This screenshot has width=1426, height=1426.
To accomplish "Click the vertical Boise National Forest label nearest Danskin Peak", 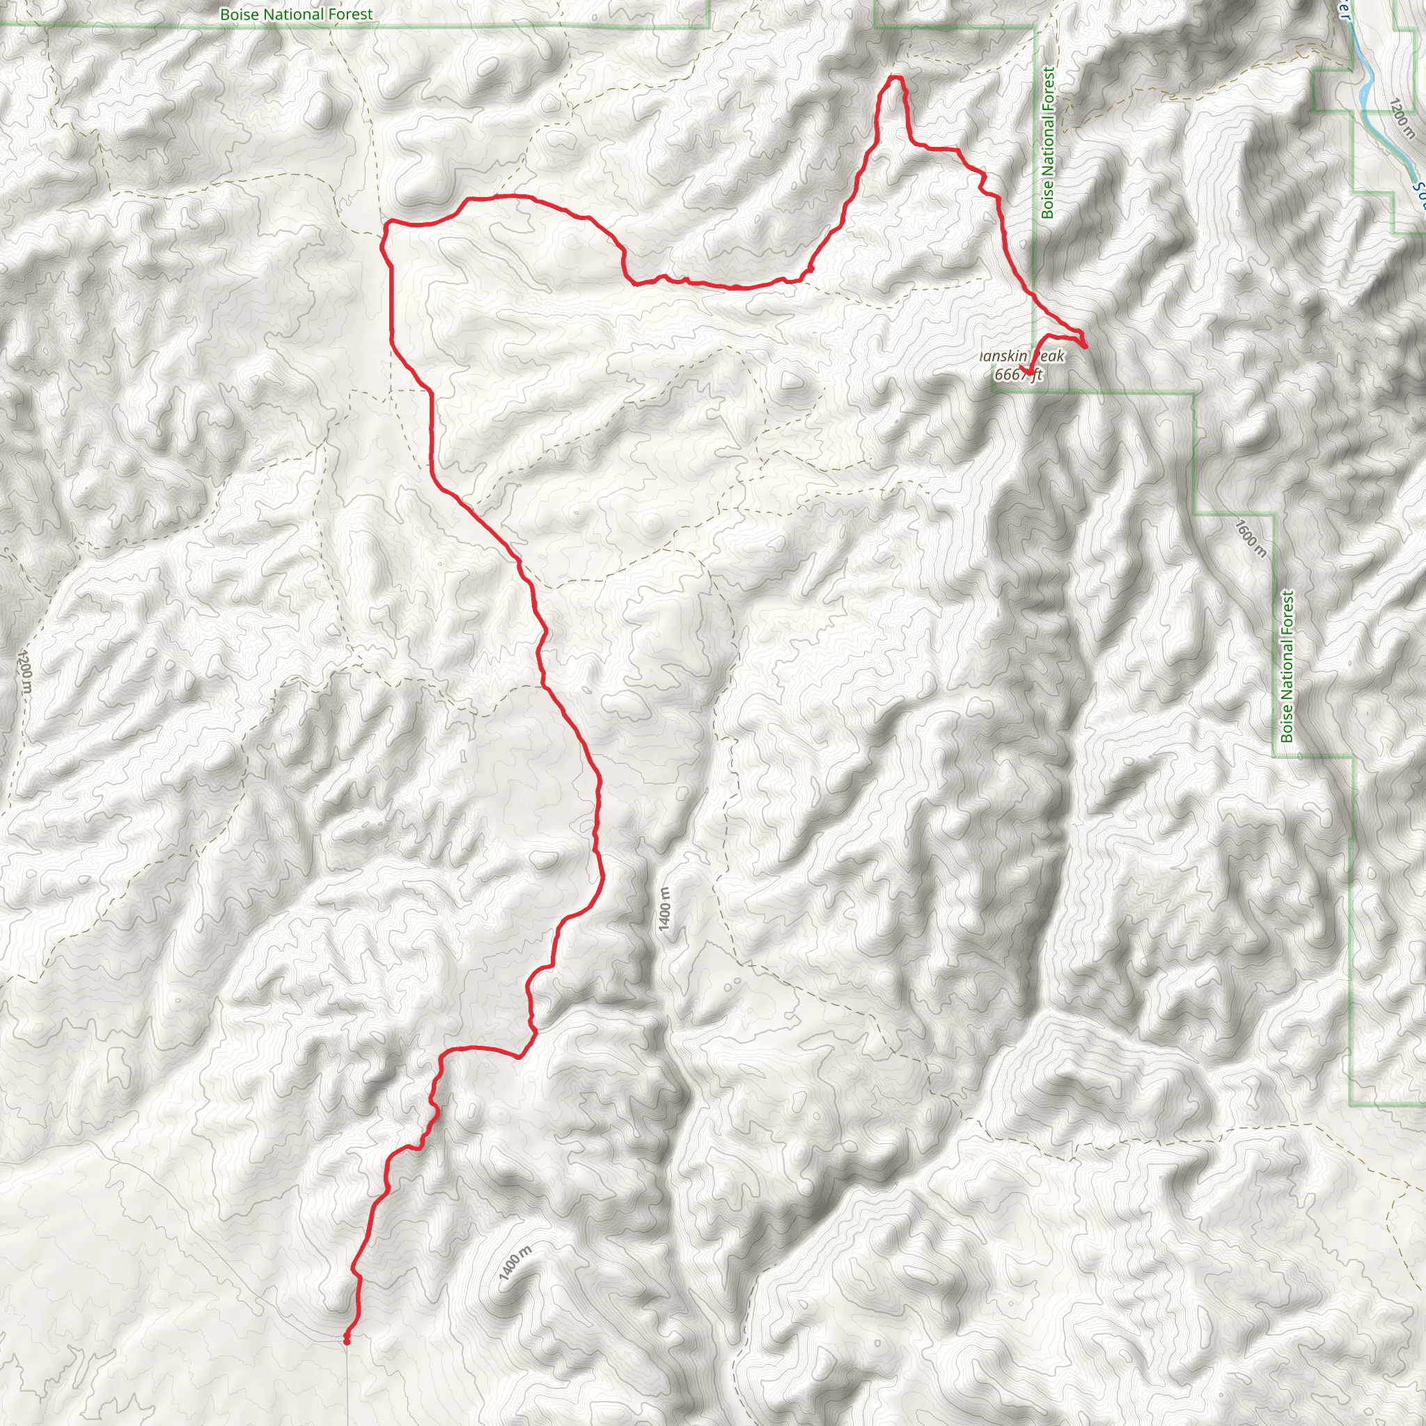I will pos(1048,143).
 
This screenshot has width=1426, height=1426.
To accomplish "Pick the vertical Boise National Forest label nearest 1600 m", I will pos(1287,666).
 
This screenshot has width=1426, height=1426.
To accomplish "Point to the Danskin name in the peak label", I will pos(1003,356).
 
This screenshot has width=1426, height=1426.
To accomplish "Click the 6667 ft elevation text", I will pos(1019,375).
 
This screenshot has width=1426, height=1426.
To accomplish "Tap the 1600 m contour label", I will pos(1251,538).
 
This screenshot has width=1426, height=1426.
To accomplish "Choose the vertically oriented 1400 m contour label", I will pos(665,909).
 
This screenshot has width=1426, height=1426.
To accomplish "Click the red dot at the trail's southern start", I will pos(346,1341).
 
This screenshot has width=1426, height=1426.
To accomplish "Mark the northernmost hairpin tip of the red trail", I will pos(895,77).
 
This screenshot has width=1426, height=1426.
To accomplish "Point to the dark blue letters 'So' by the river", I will pos(1418,194).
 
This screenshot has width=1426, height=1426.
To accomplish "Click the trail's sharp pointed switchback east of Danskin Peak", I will pos(1084,345).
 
